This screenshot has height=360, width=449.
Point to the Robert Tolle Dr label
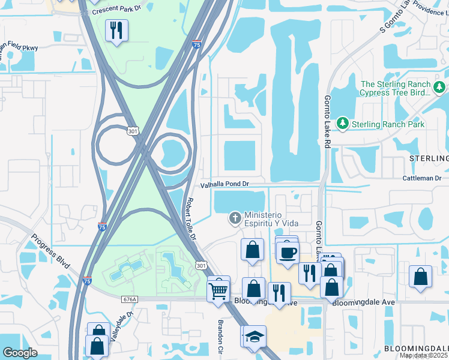191,220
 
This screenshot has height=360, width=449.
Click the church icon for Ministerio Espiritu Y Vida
235,218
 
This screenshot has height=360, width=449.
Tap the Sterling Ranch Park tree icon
343,124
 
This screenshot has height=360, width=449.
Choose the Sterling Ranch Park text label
388,124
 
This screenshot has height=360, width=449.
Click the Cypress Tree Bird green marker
440,88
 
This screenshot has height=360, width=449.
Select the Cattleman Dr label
422,178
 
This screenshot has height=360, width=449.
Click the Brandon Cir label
220,339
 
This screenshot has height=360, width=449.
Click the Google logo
20,352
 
